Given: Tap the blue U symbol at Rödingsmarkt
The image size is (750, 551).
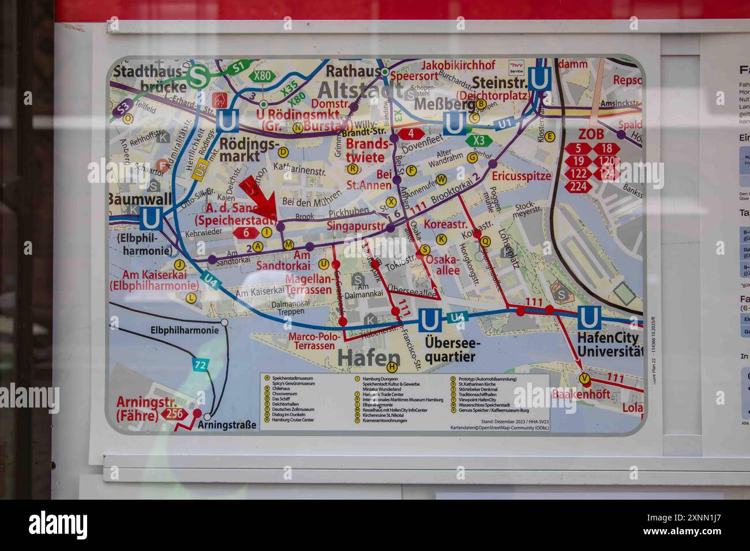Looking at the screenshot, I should point(227,121).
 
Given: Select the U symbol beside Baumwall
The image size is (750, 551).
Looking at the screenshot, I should point(151,218).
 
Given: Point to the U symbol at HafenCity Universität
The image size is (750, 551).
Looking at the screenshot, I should point(589,318).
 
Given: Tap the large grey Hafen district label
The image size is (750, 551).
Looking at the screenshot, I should point(369,357).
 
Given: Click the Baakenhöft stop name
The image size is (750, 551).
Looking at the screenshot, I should point(580,395).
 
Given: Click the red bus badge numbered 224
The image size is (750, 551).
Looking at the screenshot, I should point(578,186).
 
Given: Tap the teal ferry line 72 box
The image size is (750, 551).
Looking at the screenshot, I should point(200,365).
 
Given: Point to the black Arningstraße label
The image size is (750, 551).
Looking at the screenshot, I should point(226,425).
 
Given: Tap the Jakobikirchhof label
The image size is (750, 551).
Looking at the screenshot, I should point(459,65).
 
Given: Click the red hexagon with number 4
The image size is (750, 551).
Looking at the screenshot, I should point(411,133).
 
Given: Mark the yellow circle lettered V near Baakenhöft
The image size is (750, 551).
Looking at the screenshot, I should point(585,378).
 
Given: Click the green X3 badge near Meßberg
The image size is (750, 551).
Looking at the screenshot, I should point(479,140).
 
